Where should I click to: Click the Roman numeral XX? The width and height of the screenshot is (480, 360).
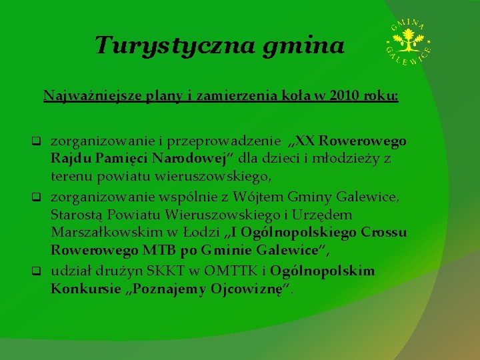click(x=305, y=141)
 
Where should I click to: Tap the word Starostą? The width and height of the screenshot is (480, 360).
click(x=79, y=215)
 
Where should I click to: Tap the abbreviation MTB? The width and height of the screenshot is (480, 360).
click(x=159, y=251)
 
